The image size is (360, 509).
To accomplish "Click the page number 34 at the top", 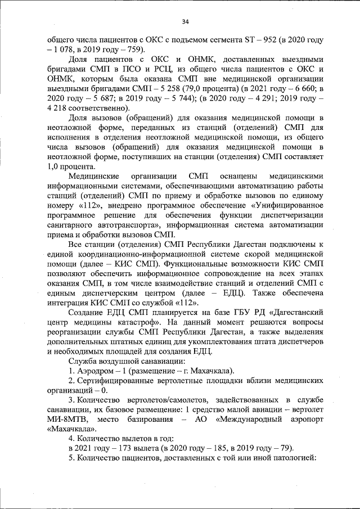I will tap(184, 22).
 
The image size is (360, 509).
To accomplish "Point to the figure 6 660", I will tap(303, 88).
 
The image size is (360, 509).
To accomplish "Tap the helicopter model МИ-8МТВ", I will tap(65, 420).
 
